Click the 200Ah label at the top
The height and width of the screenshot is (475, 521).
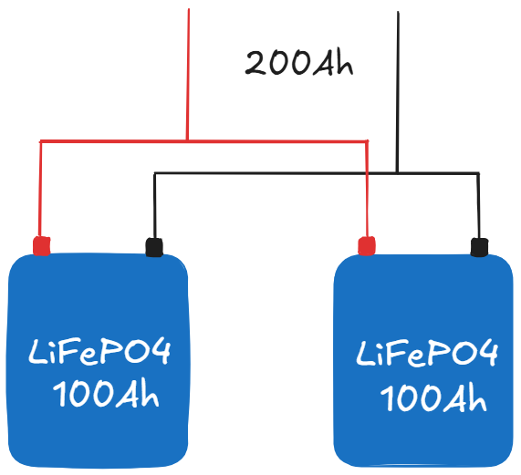tap(298, 63)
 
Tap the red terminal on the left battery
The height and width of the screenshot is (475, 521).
tap(41, 246)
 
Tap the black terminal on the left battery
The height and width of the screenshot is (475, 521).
tap(154, 246)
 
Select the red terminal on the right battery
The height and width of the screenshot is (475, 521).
tap(367, 246)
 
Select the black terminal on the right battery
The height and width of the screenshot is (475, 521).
tap(479, 246)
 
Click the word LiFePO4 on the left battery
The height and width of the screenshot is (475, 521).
tap(99, 354)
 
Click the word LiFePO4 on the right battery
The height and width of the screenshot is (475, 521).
tap(426, 354)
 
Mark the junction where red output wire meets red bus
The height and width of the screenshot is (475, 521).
tap(188, 140)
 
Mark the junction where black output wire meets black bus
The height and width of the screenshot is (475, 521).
tap(398, 172)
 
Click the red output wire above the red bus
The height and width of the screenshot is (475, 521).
tap(188, 73)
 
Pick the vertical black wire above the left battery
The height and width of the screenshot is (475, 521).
tap(154, 205)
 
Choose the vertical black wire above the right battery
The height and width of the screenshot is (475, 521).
tap(479, 205)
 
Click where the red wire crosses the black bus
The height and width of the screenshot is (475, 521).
tap(367, 172)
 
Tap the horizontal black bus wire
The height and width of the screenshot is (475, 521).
tap(274, 172)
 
